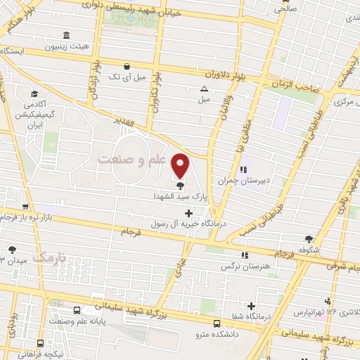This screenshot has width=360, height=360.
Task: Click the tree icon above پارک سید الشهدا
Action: (181, 187)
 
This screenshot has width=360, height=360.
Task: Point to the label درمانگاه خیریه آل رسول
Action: (176, 224)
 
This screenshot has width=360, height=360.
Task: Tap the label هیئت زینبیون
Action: (67, 46)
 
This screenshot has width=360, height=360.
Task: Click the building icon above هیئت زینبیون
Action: (66, 35)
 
